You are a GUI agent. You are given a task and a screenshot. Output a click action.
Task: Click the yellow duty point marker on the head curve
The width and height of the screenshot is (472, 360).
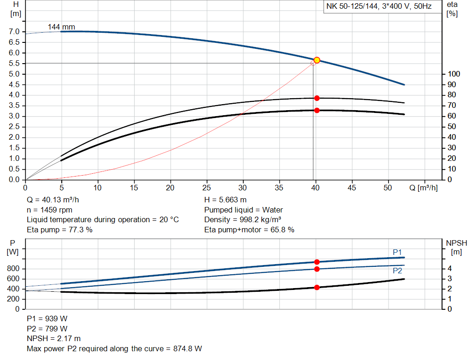click(x=317, y=60)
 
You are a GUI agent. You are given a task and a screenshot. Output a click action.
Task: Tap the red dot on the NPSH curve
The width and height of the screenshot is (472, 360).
click(x=317, y=288)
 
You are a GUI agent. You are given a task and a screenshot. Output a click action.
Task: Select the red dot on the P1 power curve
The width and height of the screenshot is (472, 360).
click(x=317, y=262)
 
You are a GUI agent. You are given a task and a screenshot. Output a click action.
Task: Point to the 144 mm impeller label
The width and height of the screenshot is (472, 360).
click(x=61, y=27)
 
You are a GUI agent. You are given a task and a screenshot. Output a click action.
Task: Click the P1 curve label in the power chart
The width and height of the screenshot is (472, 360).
click(x=397, y=252)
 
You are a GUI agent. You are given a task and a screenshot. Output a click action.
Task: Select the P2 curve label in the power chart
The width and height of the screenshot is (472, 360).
click(x=397, y=271)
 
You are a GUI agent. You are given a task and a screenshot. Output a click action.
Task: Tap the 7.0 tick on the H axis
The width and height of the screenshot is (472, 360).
click(x=14, y=32)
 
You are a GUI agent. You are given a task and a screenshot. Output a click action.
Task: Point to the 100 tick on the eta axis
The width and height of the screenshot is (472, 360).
click(x=454, y=74)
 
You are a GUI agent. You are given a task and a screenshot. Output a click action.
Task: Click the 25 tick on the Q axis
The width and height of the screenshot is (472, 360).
click(x=207, y=188)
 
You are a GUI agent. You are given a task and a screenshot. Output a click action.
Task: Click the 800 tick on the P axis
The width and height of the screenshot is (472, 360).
click(x=12, y=269)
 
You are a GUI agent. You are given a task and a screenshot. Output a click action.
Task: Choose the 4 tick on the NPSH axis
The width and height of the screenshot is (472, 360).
click(x=449, y=269)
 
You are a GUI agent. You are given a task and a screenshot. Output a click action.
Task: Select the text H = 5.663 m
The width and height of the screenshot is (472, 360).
click(x=225, y=200)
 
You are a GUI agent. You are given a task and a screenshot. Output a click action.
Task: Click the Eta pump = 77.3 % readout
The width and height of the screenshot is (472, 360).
click(x=60, y=230)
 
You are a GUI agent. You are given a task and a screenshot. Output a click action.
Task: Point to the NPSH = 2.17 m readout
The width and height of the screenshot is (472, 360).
click(x=54, y=339)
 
